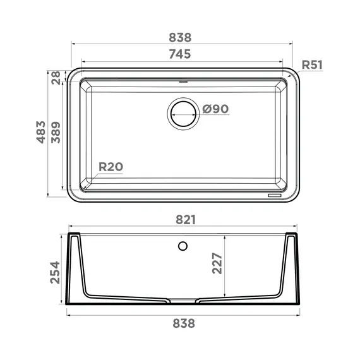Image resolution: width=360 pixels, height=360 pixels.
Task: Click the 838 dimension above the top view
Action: (180, 37)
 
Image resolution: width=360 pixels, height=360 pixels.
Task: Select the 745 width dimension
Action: (180, 54)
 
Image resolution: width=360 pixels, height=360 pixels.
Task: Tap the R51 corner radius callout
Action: (313, 64)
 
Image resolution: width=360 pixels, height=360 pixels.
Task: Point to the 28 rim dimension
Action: (56, 78)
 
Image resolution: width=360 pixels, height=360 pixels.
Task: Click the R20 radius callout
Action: (111, 167)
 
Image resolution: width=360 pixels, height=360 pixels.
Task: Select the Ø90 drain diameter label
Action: (215, 109)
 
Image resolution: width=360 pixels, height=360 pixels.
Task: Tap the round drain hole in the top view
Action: (183, 114)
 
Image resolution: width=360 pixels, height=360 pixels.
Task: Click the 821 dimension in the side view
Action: (181, 220)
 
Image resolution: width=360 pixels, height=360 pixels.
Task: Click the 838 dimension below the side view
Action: (181, 323)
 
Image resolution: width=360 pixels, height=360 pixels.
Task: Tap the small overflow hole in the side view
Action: (183, 245)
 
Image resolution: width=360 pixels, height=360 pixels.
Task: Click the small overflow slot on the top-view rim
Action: (183, 81)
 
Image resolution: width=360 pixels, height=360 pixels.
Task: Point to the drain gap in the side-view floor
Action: (182, 299)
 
